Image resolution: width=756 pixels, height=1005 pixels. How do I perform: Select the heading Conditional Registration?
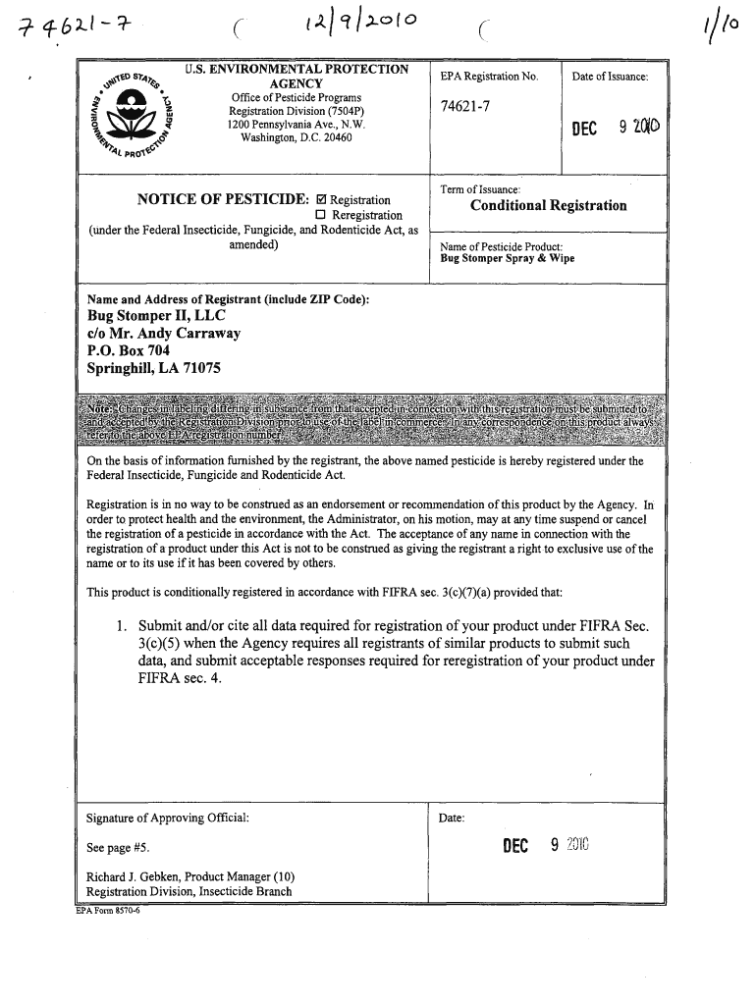548,205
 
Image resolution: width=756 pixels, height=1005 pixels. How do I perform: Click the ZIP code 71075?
200,369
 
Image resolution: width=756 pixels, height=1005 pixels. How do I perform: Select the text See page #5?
117,848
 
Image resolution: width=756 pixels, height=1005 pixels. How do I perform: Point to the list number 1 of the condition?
120,625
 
